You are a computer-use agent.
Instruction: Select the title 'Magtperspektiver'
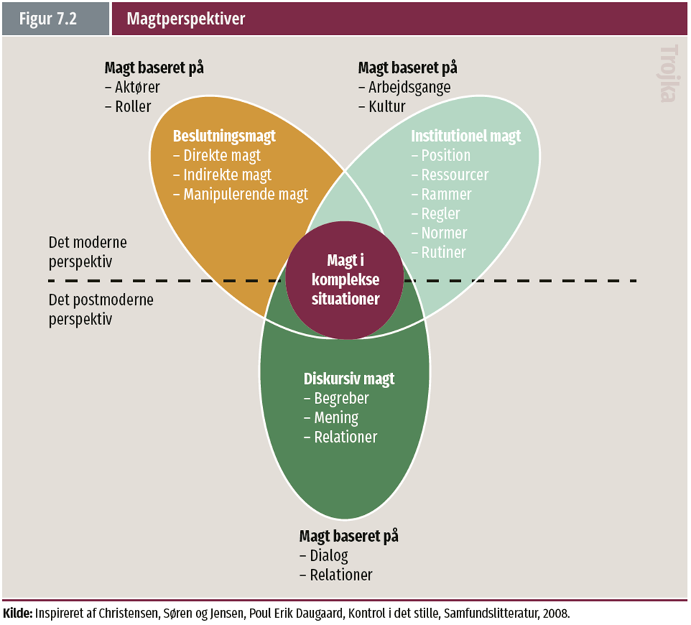tap(186, 19)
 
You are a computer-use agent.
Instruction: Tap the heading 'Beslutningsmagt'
tap(224, 136)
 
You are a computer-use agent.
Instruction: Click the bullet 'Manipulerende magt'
tap(246, 194)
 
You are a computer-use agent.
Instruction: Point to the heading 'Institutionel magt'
tap(466, 136)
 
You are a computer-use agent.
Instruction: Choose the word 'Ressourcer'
tap(455, 175)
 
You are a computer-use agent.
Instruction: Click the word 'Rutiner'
tap(444, 253)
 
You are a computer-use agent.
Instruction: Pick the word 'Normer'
tap(445, 233)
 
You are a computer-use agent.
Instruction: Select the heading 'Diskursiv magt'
tap(349, 379)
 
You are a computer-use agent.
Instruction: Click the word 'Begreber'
tap(341, 399)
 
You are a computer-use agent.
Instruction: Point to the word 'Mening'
tap(337, 418)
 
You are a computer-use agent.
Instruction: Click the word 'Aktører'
tap(137, 87)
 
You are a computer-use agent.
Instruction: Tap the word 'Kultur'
tap(387, 107)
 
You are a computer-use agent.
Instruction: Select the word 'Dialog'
tap(329, 555)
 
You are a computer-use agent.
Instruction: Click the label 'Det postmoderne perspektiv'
tap(101, 310)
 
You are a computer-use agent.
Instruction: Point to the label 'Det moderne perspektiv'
tap(87, 252)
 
